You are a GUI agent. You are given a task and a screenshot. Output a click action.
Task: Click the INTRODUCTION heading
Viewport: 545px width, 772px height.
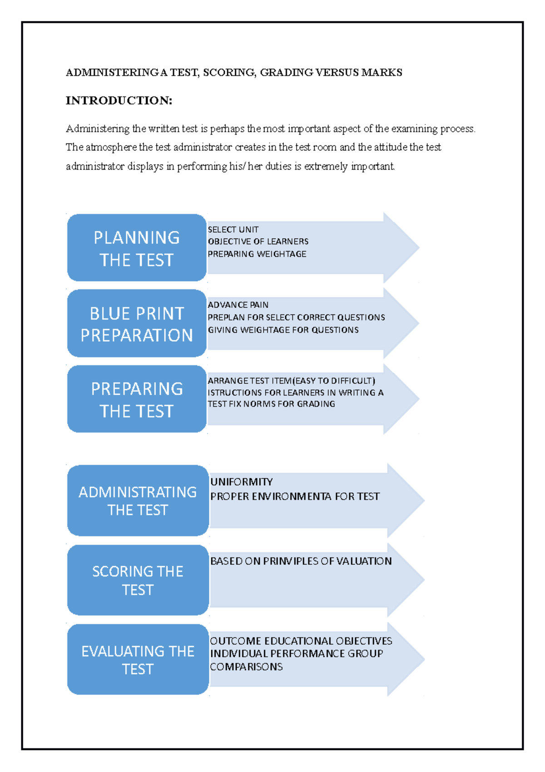point(119,100)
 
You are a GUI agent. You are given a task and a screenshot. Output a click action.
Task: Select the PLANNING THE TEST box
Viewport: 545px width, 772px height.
point(137,248)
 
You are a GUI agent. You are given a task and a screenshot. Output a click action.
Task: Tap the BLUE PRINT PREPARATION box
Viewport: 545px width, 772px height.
point(137,324)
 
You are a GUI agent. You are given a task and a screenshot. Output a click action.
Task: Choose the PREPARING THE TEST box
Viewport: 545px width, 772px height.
point(137,399)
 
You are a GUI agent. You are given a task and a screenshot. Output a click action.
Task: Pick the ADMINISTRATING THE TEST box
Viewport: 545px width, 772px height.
point(138,501)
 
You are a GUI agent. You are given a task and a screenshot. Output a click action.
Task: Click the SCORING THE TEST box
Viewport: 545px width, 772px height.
point(138,580)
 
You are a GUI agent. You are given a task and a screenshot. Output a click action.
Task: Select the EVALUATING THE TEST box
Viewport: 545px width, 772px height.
point(138,659)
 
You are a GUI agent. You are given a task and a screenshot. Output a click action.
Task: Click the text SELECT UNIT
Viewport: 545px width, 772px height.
point(233,230)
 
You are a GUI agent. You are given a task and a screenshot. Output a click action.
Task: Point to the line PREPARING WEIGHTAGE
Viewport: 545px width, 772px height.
point(257,254)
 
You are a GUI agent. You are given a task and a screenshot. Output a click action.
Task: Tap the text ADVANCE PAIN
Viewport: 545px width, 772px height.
point(238,305)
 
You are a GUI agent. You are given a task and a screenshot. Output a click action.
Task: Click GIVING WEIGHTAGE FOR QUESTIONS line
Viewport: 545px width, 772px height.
point(283,330)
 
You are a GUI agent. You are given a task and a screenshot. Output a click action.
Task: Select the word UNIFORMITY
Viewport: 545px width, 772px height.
point(242,482)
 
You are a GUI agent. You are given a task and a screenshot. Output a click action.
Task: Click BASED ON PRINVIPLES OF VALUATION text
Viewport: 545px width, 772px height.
point(301,561)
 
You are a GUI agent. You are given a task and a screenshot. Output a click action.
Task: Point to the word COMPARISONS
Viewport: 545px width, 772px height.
point(246,667)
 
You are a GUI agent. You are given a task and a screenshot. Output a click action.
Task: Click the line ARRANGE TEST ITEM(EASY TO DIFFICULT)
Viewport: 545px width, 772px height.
point(291,381)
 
